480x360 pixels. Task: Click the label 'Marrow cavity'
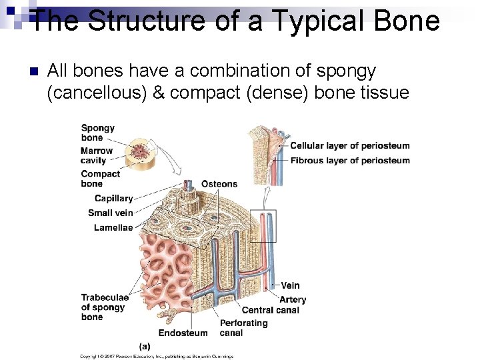(97, 155)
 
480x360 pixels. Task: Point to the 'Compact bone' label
(100, 179)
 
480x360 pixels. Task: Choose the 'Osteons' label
(219, 184)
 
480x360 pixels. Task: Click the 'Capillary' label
(113, 198)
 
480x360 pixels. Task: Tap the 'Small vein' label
(110, 213)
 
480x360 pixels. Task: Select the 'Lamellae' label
(113, 227)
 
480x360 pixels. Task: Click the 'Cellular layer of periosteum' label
(349, 146)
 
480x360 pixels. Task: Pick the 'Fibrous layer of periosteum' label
(349, 160)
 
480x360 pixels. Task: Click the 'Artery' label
(293, 299)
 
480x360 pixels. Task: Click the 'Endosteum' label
(183, 333)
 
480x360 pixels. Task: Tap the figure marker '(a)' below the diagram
(145, 346)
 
